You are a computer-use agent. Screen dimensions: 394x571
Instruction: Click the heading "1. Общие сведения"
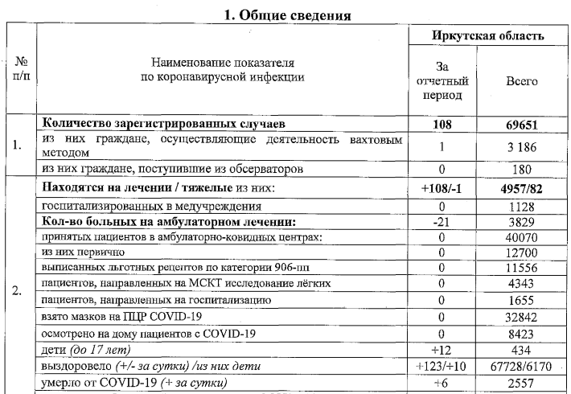point(285,14)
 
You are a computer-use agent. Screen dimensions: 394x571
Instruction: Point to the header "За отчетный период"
point(442,81)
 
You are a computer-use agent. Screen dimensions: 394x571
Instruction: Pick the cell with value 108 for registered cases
point(442,125)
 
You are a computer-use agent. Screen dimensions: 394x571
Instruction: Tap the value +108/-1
point(442,188)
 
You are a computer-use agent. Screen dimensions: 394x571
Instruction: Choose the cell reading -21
point(442,221)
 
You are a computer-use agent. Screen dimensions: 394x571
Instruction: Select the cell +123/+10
point(442,367)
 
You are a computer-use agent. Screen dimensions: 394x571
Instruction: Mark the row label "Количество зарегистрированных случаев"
point(163,125)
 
